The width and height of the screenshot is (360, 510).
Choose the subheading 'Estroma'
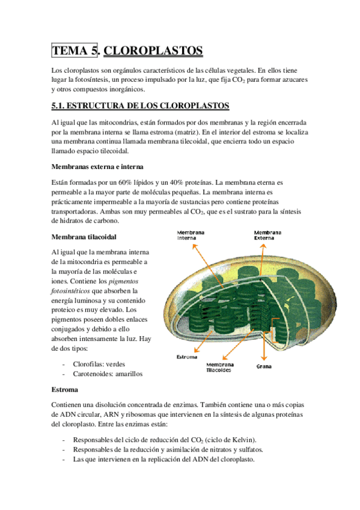pos(64,389)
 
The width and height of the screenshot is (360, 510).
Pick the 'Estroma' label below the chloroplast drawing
pos(186,357)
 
